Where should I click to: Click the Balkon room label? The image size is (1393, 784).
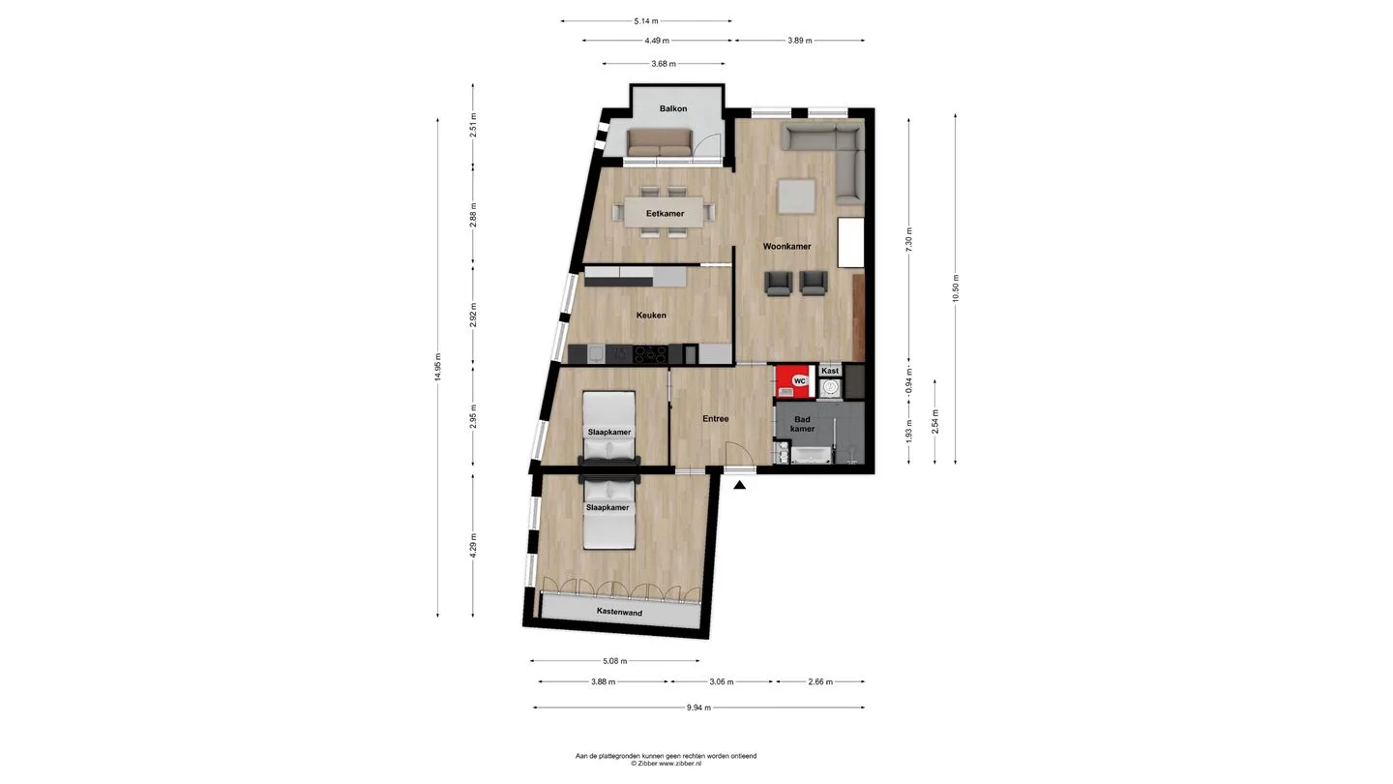pos(673,108)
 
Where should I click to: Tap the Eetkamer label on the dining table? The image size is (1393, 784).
pos(665,213)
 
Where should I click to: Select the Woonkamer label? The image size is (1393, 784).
pos(786,247)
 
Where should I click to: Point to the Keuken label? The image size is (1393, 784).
pos(651,316)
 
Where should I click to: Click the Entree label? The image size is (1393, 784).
pos(716,419)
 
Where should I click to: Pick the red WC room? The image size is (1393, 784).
pos(795,380)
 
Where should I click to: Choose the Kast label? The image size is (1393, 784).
pos(830,371)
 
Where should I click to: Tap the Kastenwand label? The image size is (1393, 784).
pos(619,612)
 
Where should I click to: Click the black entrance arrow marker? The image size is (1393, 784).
pos(739,485)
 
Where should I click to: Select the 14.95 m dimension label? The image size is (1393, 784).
pos(438,367)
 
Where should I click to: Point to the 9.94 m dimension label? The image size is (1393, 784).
pos(699,708)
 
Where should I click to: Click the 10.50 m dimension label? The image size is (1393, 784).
pos(956,288)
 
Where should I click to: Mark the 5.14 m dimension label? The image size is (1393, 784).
pos(646,21)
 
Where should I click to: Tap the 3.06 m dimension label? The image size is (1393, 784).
pos(722,682)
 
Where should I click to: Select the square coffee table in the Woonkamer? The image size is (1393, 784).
pos(797,196)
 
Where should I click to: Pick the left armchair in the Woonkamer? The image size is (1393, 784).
pos(779,283)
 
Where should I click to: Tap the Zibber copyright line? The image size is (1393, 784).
pos(666,764)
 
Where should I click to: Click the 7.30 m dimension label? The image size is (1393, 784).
pos(909,240)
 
